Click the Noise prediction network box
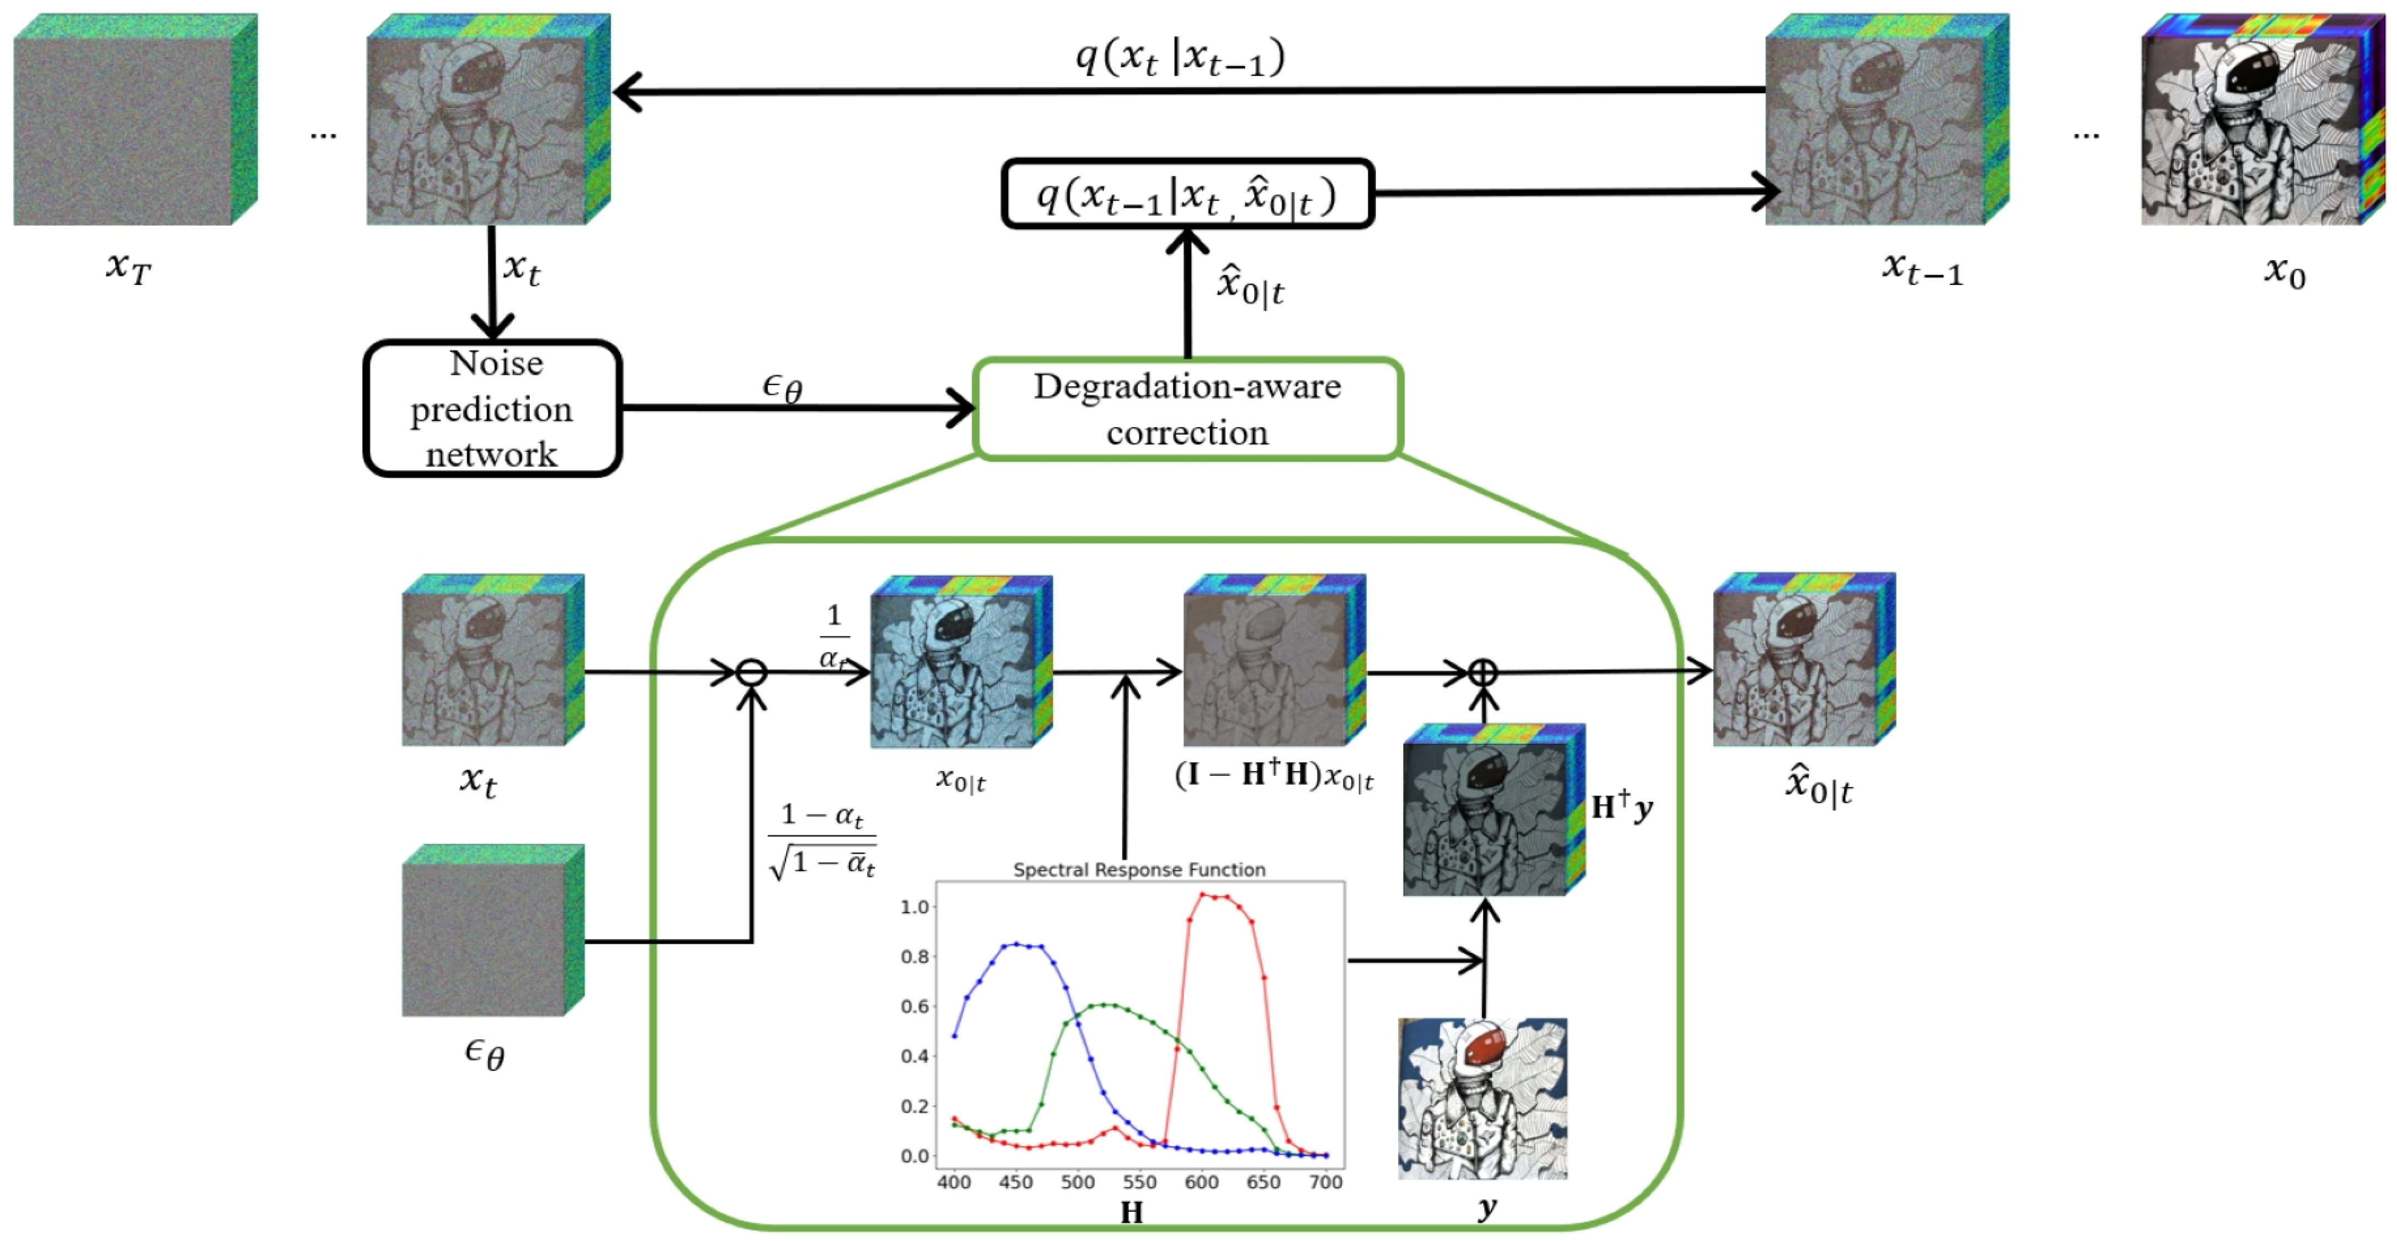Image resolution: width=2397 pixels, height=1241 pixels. (x=492, y=408)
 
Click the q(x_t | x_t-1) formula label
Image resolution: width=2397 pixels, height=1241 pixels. (x=1180, y=58)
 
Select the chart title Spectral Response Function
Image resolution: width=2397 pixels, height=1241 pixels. (x=1139, y=870)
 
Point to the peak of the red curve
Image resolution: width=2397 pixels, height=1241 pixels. (x=1203, y=895)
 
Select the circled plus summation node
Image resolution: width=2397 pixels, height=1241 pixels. (x=1482, y=673)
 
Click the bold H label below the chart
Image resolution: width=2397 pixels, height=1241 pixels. (x=1131, y=1212)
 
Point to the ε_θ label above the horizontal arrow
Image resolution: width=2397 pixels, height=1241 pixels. (x=782, y=386)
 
